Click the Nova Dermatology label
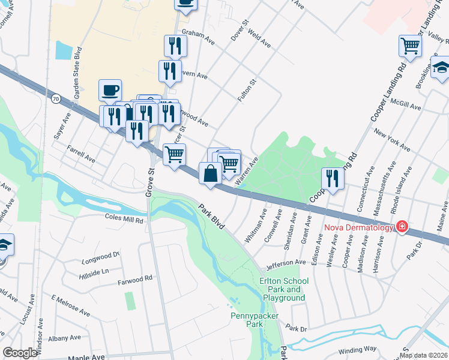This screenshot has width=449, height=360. click(x=359, y=227)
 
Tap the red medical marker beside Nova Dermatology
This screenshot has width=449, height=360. click(x=402, y=227)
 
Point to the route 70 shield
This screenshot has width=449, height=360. click(x=56, y=98)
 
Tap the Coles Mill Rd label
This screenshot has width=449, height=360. click(x=125, y=220)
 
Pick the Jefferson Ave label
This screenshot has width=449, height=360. click(x=286, y=263)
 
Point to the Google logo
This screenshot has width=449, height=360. click(x=19, y=353)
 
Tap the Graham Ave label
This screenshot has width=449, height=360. click(x=198, y=37)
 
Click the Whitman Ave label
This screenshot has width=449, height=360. click(x=255, y=226)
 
